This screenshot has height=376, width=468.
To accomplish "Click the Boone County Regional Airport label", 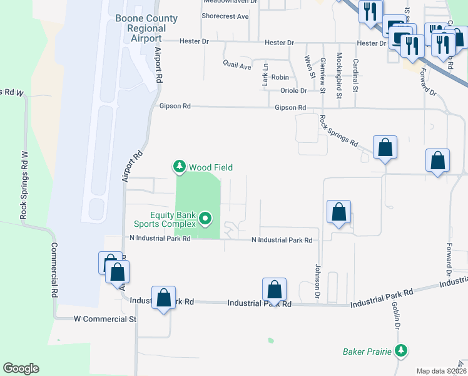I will click(146, 28).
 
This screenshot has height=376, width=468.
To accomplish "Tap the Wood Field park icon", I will click(180, 167).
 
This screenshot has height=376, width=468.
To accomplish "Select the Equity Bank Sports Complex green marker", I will click(204, 219).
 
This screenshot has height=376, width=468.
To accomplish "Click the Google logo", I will click(21, 368).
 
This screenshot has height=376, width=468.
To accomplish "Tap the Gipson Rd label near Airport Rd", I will click(175, 107).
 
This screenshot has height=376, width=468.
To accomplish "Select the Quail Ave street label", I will click(238, 65).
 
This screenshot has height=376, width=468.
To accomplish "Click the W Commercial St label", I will click(104, 319).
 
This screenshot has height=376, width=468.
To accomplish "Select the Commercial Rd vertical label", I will click(54, 269).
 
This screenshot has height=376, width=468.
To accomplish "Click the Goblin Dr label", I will click(396, 316).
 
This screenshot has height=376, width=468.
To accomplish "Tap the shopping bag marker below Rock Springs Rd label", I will click(385, 148).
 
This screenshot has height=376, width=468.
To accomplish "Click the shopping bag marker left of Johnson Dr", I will click(338, 212).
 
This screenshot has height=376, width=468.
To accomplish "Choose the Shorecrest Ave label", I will click(226, 16).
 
